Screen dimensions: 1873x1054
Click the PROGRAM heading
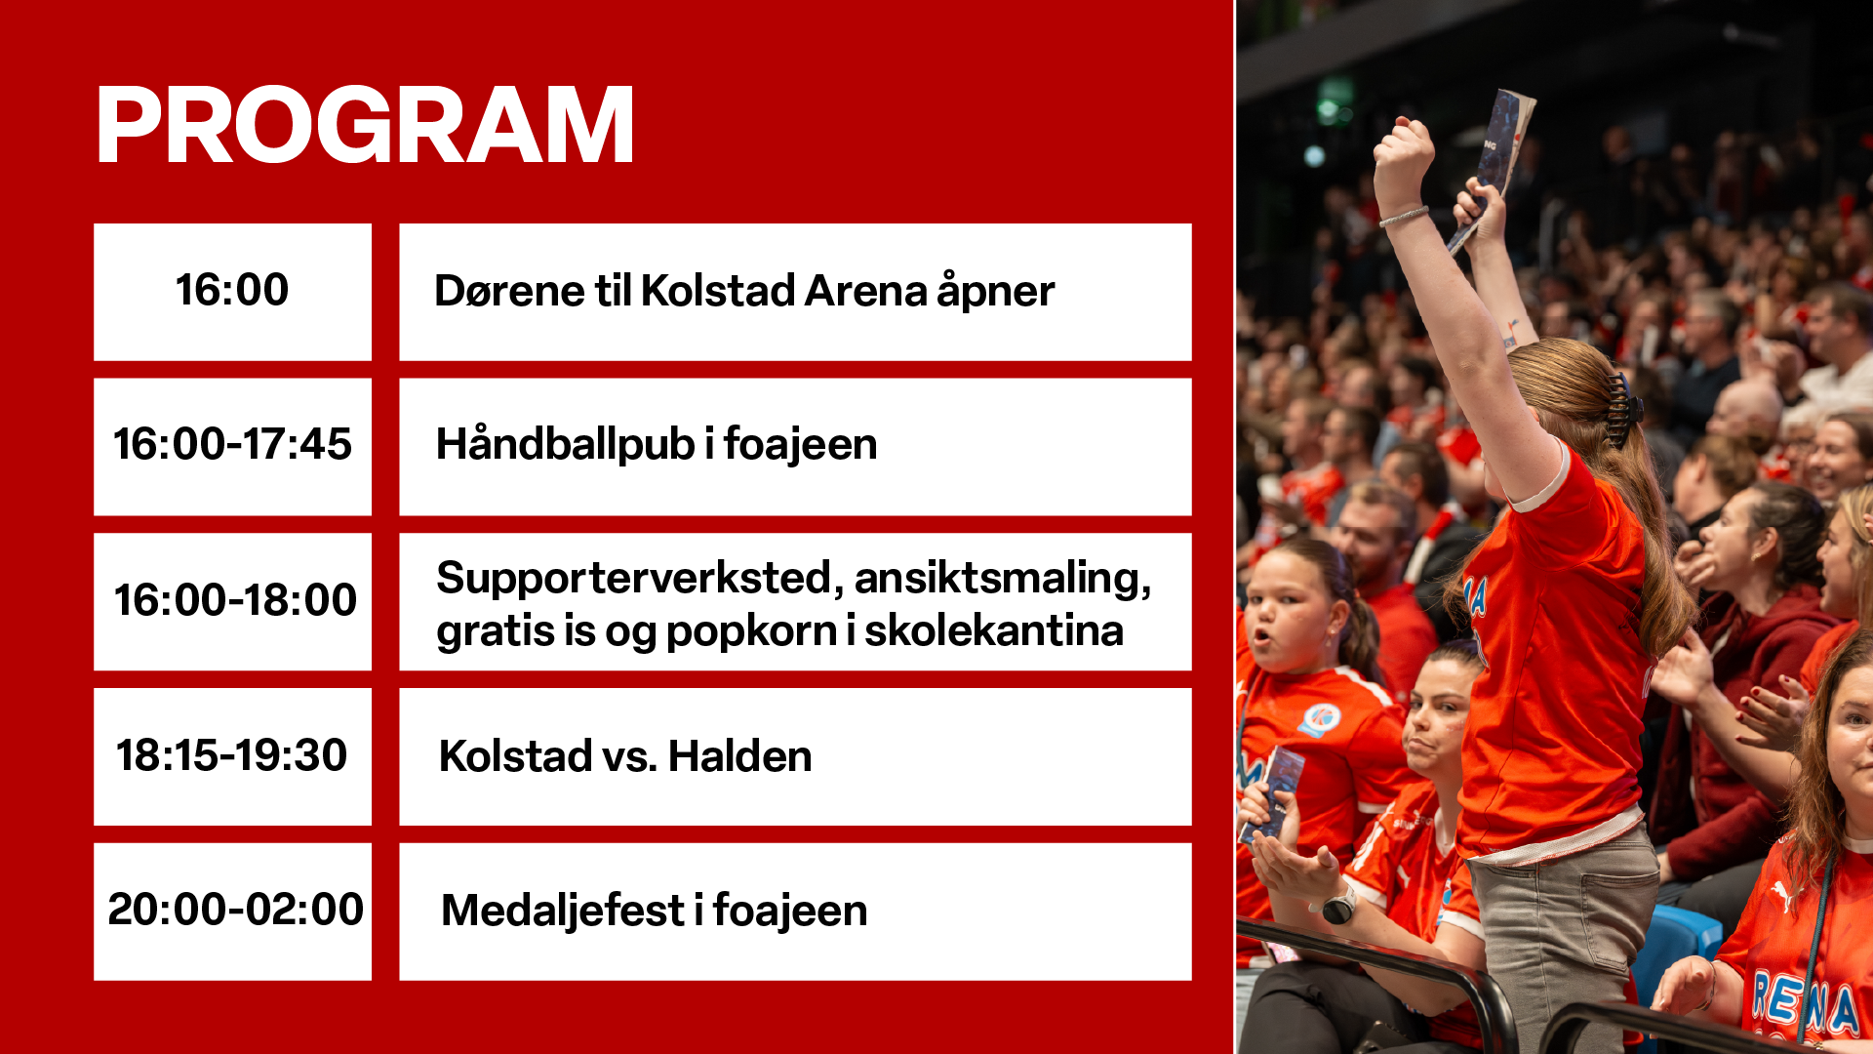365,124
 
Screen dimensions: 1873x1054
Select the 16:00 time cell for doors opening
232,292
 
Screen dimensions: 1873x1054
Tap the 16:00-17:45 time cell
232,446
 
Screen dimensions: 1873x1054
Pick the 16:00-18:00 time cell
232,601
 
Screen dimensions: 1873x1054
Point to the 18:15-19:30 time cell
232,756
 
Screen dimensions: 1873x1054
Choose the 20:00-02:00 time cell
232,912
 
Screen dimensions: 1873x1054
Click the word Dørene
509,291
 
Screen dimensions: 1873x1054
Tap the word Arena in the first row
865,291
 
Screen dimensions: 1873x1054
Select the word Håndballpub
565,444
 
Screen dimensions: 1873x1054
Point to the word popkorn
751,631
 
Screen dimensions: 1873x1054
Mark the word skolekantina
994,630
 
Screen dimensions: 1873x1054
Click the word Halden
739,756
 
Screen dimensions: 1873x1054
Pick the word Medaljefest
563,911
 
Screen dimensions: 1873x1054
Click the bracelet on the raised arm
1403,216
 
